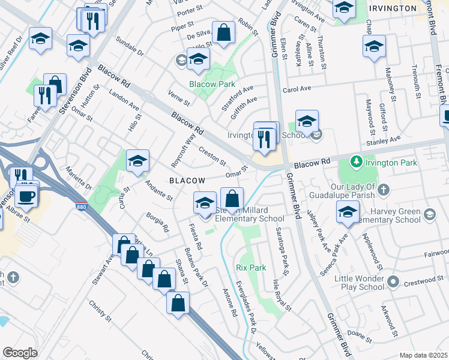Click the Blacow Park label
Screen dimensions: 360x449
click(x=212, y=85)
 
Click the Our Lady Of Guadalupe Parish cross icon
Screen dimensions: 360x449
click(x=384, y=190)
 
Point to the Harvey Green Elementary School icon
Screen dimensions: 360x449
click(x=429, y=214)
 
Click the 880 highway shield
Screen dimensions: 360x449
click(x=81, y=207)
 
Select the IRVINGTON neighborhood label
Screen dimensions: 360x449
click(x=393, y=8)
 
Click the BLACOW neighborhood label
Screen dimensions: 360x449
click(x=187, y=180)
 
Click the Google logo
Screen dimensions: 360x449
click(x=20, y=353)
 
